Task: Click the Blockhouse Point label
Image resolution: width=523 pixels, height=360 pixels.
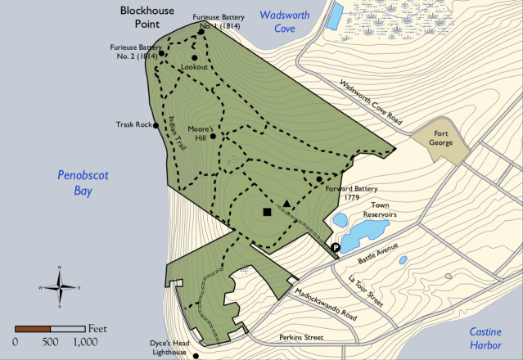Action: [x=150, y=19]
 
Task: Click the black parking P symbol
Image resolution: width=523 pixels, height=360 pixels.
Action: [x=336, y=248]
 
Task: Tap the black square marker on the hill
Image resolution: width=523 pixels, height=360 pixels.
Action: [x=267, y=213]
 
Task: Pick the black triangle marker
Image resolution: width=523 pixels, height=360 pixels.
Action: [x=287, y=204]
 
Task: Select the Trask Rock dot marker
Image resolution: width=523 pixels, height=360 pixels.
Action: [x=156, y=126]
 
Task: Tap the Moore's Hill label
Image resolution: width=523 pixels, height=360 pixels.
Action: [x=201, y=134]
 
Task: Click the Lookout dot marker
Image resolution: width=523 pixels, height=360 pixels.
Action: [x=195, y=57]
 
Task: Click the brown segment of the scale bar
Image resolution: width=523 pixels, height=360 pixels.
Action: [x=33, y=328]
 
